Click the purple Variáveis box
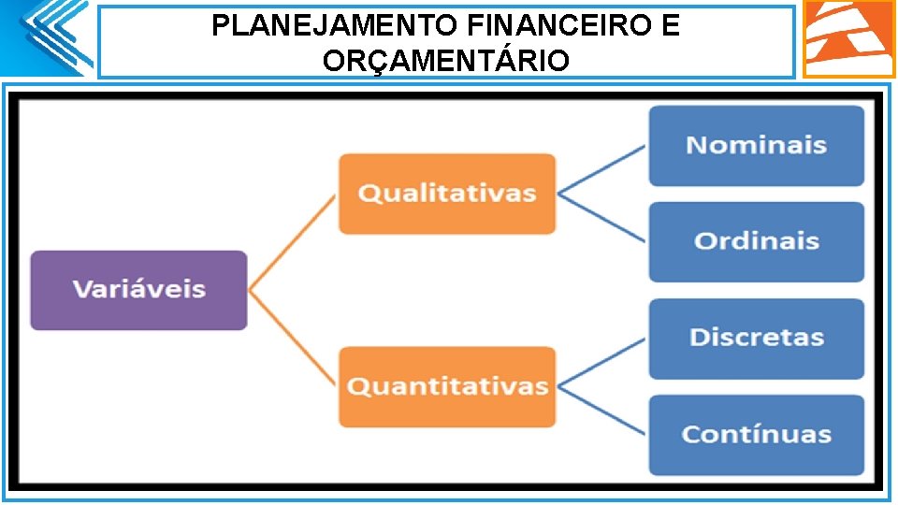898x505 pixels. pyautogui.click(x=138, y=290)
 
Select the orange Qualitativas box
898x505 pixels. pyautogui.click(x=446, y=194)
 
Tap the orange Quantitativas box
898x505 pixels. pyautogui.click(x=446, y=386)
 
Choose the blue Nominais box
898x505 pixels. pyautogui.click(x=756, y=146)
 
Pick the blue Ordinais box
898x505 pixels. pyautogui.click(x=756, y=241)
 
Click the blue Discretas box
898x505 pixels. pyautogui.click(x=756, y=338)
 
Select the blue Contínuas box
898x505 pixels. pyautogui.click(x=756, y=434)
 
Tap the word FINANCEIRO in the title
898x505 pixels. pyautogui.click(x=534, y=25)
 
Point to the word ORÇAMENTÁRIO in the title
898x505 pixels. pyautogui.click(x=445, y=61)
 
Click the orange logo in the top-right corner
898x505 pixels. pyautogui.click(x=848, y=37)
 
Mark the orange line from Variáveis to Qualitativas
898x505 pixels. pyautogui.click(x=291, y=243)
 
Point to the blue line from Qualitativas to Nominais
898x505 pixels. pyautogui.click(x=601, y=170)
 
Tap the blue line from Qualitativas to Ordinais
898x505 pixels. pyautogui.click(x=601, y=218)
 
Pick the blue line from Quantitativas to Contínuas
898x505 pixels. pyautogui.click(x=601, y=410)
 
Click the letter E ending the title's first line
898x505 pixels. pyautogui.click(x=670, y=25)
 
